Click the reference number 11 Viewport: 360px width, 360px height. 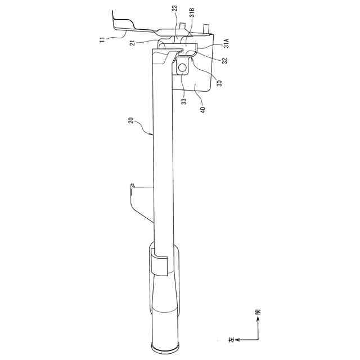coord(103,39)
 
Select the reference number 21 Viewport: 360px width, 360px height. coord(133,43)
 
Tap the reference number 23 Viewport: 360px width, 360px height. coord(175,9)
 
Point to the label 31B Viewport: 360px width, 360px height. coord(192,12)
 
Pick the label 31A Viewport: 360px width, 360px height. coord(226,43)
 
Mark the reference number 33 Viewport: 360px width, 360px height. coord(184,101)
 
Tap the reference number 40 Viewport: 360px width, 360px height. coord(203,110)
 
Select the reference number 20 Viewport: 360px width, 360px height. coord(130,121)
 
